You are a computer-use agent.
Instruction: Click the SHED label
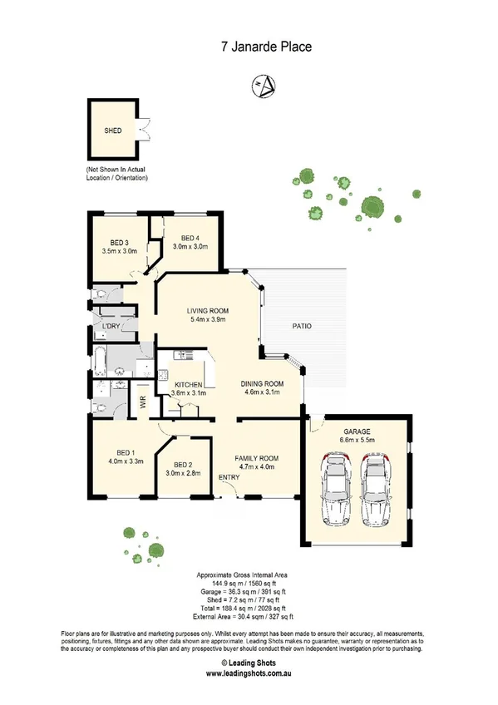coord(112,131)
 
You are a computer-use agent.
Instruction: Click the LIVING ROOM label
coord(209,310)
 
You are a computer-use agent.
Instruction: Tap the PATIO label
coord(301,327)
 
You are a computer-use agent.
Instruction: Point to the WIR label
coord(144,402)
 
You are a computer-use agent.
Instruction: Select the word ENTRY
coord(229,476)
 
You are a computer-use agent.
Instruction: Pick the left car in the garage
coord(336,491)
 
